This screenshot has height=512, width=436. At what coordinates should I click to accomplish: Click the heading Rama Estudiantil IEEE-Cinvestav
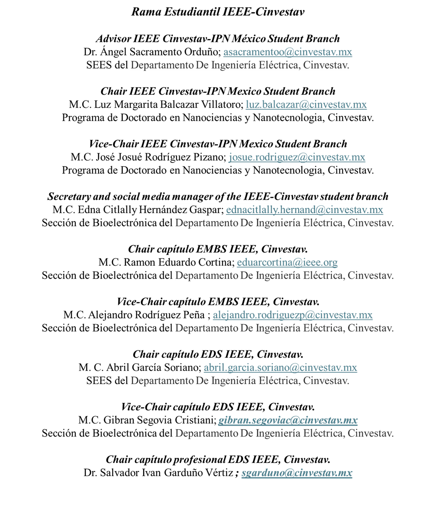[x=218, y=12]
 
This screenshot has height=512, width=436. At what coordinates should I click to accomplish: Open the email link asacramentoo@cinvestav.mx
[x=288, y=52]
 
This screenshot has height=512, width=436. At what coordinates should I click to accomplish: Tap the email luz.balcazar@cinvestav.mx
[x=306, y=105]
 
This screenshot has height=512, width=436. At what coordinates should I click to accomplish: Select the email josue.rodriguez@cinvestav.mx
[x=297, y=157]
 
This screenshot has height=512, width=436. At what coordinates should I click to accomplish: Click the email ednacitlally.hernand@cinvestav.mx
[x=304, y=210]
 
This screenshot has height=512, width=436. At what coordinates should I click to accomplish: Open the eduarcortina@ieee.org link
[x=287, y=262]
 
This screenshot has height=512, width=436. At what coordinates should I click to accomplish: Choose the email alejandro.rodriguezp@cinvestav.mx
[x=293, y=315]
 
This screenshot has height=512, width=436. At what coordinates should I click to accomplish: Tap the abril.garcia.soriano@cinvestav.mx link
[x=280, y=367]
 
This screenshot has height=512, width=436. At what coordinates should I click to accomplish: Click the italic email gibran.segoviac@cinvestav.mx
[x=288, y=420]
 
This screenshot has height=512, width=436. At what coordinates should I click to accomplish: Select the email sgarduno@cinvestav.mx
[x=297, y=472]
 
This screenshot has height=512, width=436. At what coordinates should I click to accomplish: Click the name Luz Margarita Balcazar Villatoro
[x=167, y=105]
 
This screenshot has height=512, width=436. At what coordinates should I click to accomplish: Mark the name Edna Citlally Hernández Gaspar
[x=150, y=210]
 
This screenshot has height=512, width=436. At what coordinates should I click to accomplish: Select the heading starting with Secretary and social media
[x=218, y=197]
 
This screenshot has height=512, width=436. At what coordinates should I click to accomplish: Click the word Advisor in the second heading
[x=113, y=39]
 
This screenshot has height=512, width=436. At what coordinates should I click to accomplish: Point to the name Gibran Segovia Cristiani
[x=159, y=420]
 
